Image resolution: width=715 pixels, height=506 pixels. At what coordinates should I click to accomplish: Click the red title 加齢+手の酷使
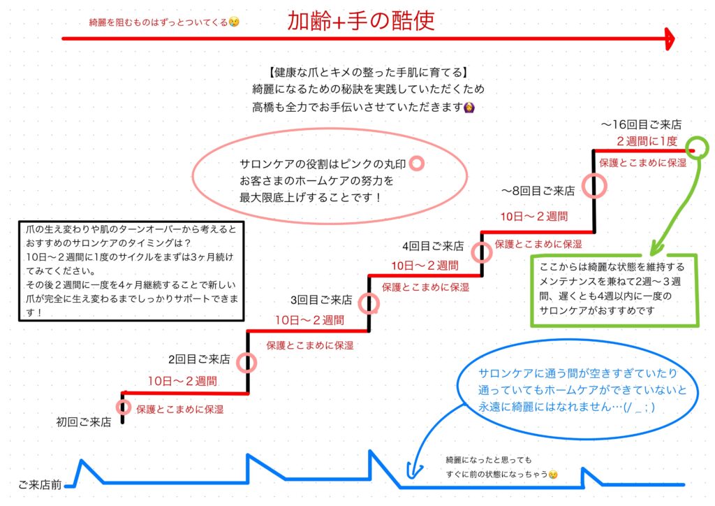point(361,20)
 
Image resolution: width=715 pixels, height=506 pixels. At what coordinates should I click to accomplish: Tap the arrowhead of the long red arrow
point(670,38)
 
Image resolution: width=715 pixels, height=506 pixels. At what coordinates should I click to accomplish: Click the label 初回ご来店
point(84,422)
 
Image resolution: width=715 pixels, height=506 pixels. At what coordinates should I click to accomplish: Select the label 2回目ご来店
point(199,359)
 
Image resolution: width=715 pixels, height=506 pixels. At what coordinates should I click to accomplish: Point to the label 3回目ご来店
point(321,300)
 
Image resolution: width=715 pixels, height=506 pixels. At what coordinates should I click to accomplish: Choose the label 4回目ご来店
point(433,247)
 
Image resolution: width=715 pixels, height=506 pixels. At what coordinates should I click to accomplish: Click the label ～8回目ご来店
point(538,191)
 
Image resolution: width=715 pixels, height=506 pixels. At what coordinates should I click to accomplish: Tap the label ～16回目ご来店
point(641,124)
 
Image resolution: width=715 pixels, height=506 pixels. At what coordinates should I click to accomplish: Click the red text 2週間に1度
point(647,141)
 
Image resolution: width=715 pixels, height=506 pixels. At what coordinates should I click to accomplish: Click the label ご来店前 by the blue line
point(40,484)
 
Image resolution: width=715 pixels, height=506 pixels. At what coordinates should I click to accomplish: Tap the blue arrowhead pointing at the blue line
point(413,472)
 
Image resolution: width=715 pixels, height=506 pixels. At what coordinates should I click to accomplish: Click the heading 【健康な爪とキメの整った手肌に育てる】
point(368,72)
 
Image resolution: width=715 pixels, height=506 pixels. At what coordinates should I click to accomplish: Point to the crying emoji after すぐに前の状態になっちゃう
point(553,475)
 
